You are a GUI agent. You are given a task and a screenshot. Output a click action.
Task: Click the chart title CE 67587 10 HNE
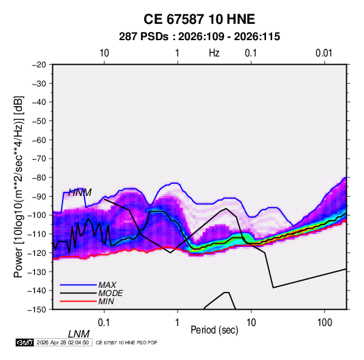(199, 19)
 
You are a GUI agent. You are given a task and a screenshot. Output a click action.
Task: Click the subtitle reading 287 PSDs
(144, 37)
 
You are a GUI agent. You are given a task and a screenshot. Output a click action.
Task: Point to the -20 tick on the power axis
(39, 65)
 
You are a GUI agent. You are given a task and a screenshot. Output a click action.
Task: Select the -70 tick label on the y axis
(39, 159)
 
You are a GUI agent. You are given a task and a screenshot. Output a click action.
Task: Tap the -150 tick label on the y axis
(37, 310)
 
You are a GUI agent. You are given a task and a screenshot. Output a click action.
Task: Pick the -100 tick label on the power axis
(37, 215)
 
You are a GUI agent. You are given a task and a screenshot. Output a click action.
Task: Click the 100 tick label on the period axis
(325, 323)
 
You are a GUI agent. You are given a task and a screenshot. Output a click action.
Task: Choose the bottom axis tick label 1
(178, 323)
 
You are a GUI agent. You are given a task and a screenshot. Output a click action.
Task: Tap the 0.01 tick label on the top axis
(324, 53)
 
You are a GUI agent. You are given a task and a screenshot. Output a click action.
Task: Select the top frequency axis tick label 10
(104, 53)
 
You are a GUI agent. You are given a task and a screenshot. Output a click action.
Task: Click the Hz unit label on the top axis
(214, 53)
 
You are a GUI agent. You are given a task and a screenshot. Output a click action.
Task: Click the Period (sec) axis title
(214, 330)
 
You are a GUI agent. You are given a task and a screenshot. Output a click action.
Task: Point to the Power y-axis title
(18, 186)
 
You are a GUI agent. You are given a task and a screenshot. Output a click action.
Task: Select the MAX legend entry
(107, 284)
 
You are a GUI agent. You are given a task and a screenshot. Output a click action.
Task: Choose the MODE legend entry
(110, 293)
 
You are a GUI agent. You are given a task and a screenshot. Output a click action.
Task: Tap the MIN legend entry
(106, 301)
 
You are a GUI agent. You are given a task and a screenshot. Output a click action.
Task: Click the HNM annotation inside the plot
(80, 193)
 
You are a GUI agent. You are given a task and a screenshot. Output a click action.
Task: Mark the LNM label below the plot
(78, 334)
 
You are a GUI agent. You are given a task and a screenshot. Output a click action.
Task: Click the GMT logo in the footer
(24, 342)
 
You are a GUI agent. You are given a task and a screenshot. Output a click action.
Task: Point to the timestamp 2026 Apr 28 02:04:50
(63, 342)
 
